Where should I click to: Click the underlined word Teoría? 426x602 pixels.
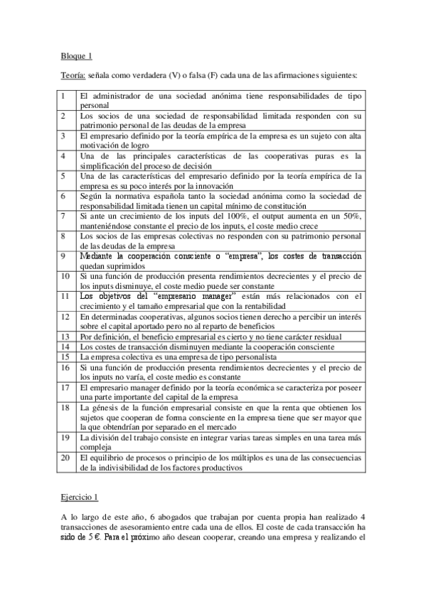pyautogui.click(x=72, y=74)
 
